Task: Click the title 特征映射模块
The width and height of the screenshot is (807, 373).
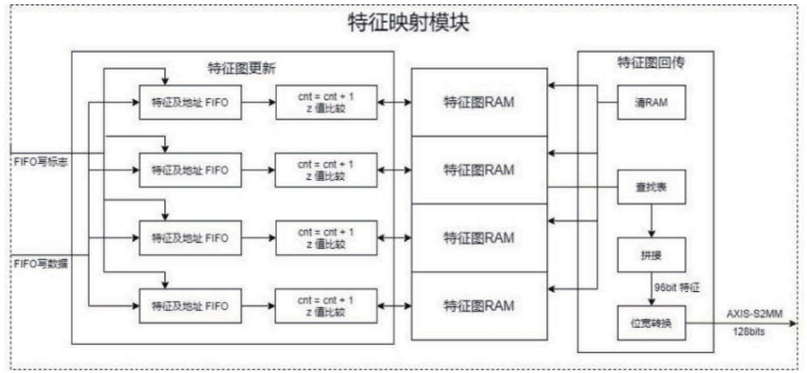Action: [408, 23]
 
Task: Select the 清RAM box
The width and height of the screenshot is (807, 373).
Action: [651, 102]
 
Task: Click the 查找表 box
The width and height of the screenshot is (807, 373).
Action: [651, 187]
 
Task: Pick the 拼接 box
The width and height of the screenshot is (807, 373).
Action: [651, 255]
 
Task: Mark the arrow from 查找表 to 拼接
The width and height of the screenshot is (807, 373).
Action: [651, 220]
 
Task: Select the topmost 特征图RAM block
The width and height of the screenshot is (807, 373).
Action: [479, 102]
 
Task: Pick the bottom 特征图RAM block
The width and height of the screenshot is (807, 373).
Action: [479, 305]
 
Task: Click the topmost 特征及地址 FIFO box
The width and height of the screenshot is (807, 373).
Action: [190, 102]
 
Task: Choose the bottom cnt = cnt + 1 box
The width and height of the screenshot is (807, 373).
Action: [326, 306]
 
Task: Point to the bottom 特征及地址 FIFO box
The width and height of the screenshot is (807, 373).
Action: [190, 306]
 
